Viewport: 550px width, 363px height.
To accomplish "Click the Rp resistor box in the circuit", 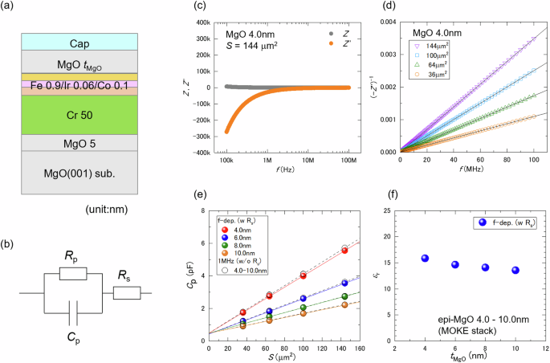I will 73,274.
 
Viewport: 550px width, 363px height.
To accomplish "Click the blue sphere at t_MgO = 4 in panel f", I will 425,259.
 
